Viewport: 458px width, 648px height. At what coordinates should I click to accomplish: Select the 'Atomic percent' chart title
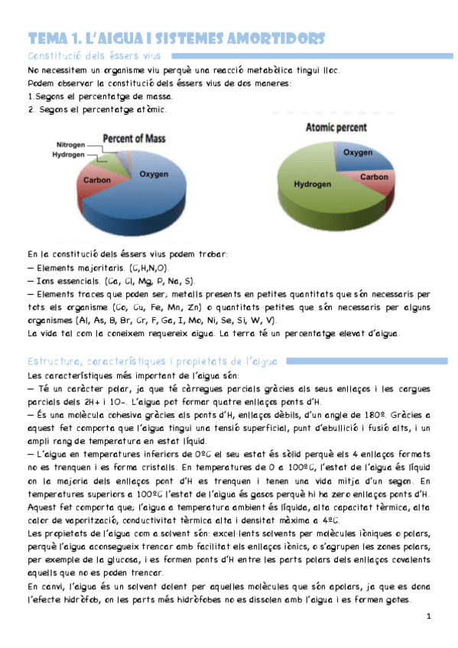[334, 128]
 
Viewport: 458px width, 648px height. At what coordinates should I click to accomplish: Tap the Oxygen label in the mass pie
[154, 174]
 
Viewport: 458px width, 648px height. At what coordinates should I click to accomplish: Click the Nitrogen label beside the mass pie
[71, 144]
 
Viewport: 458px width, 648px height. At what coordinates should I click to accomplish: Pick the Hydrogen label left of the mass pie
[69, 154]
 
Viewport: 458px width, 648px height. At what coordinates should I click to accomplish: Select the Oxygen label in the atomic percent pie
[357, 153]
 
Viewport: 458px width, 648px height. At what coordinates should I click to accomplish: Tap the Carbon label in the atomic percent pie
[374, 177]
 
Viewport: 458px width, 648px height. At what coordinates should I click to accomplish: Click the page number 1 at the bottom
[429, 616]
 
